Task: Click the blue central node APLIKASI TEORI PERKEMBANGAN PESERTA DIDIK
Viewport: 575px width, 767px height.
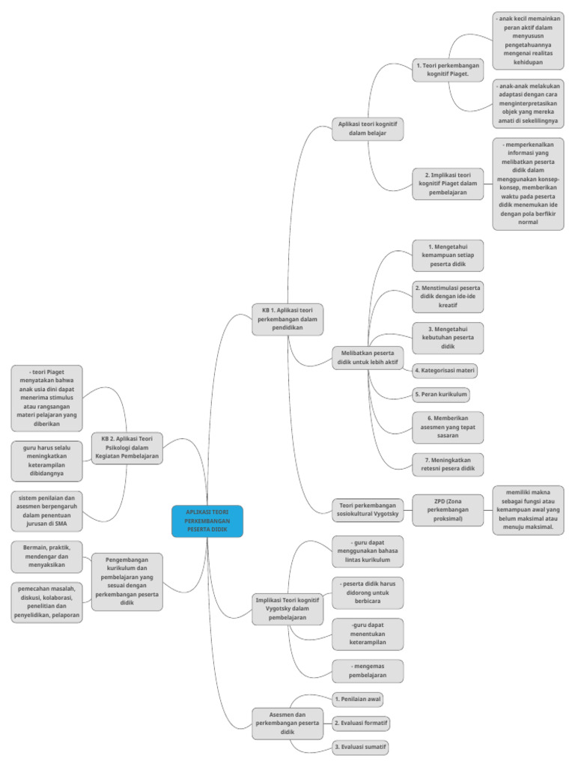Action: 207,521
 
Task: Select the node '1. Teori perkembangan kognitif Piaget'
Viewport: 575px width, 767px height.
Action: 448,70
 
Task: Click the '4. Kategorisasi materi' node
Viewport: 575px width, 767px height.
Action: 445,370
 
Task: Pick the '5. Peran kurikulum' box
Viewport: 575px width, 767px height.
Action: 441,394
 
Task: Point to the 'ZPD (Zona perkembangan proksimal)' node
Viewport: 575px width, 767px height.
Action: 448,509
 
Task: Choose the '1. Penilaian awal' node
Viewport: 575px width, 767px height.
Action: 358,699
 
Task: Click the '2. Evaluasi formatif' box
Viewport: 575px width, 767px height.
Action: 362,724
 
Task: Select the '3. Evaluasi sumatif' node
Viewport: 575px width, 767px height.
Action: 361,747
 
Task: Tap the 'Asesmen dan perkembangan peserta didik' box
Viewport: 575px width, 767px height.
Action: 287,723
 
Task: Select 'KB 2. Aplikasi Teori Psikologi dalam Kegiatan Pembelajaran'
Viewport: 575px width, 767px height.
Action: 126,447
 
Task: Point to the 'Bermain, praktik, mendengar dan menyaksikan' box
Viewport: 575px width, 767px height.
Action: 46,556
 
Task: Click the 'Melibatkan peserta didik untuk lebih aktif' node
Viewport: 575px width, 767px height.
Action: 368,357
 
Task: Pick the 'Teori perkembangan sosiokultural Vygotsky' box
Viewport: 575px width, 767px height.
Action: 368,510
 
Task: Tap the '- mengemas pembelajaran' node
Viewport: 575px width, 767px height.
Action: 368,670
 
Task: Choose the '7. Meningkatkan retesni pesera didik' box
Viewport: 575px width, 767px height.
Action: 448,464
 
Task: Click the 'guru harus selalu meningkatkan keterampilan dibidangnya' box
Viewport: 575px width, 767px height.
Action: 46,460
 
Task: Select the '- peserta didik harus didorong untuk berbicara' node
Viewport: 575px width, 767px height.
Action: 368,591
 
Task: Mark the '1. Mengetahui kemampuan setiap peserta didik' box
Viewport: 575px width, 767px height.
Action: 448,255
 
